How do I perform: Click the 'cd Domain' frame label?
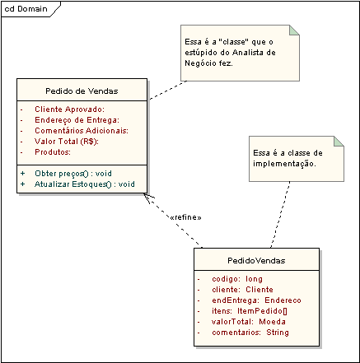(x=26, y=9)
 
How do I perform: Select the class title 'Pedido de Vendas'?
(x=82, y=91)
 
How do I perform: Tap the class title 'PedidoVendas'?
(x=256, y=260)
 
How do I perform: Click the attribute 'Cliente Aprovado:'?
(x=69, y=109)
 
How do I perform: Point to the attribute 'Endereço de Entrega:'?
(x=77, y=120)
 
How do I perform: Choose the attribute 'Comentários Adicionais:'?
(x=82, y=131)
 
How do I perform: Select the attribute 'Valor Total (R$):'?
(x=67, y=142)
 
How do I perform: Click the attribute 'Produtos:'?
(x=53, y=152)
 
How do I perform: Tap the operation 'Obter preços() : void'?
(x=73, y=174)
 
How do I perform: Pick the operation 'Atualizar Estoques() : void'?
(x=85, y=184)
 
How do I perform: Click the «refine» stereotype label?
(x=185, y=217)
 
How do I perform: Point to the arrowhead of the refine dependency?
(x=144, y=194)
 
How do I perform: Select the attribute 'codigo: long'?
(x=237, y=279)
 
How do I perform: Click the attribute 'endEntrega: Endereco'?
(x=256, y=300)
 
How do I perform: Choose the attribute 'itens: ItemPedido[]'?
(x=250, y=311)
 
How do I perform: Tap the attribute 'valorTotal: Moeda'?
(x=249, y=322)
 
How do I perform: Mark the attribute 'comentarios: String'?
(x=250, y=333)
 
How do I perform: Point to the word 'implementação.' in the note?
(x=284, y=164)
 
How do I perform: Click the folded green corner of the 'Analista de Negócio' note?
(x=294, y=30)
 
